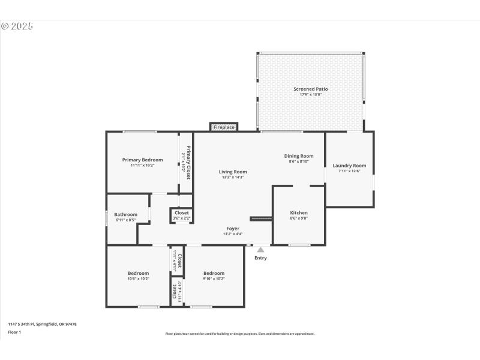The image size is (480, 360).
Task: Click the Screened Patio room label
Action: [310, 89]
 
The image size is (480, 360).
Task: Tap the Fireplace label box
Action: [224, 127]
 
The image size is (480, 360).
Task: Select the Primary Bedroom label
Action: [142, 160]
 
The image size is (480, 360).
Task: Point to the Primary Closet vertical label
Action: [187, 163]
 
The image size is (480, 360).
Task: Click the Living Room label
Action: [232, 172]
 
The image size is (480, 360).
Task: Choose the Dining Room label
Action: [299, 156]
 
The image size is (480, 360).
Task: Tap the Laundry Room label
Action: [349, 166]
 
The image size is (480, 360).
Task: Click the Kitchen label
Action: [299, 213]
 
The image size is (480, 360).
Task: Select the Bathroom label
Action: [126, 214]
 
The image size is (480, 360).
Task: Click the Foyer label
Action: [233, 228]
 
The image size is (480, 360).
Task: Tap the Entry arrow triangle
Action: [260, 250]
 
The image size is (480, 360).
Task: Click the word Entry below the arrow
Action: [260, 258]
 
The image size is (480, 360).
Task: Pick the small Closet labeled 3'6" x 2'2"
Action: [181, 213]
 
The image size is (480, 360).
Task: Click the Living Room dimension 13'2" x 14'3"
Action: [232, 177]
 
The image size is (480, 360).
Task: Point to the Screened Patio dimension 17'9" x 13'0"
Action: [310, 94]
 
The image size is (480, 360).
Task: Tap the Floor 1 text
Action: [14, 332]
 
